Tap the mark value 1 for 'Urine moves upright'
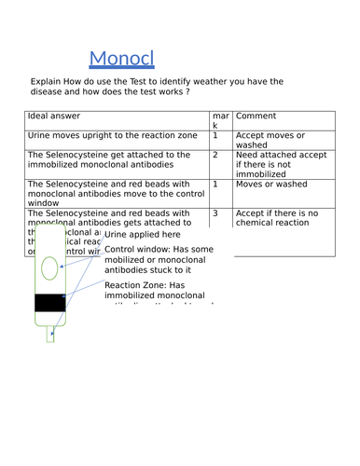point(216,136)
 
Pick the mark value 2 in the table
point(216,156)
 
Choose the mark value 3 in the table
point(216,213)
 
